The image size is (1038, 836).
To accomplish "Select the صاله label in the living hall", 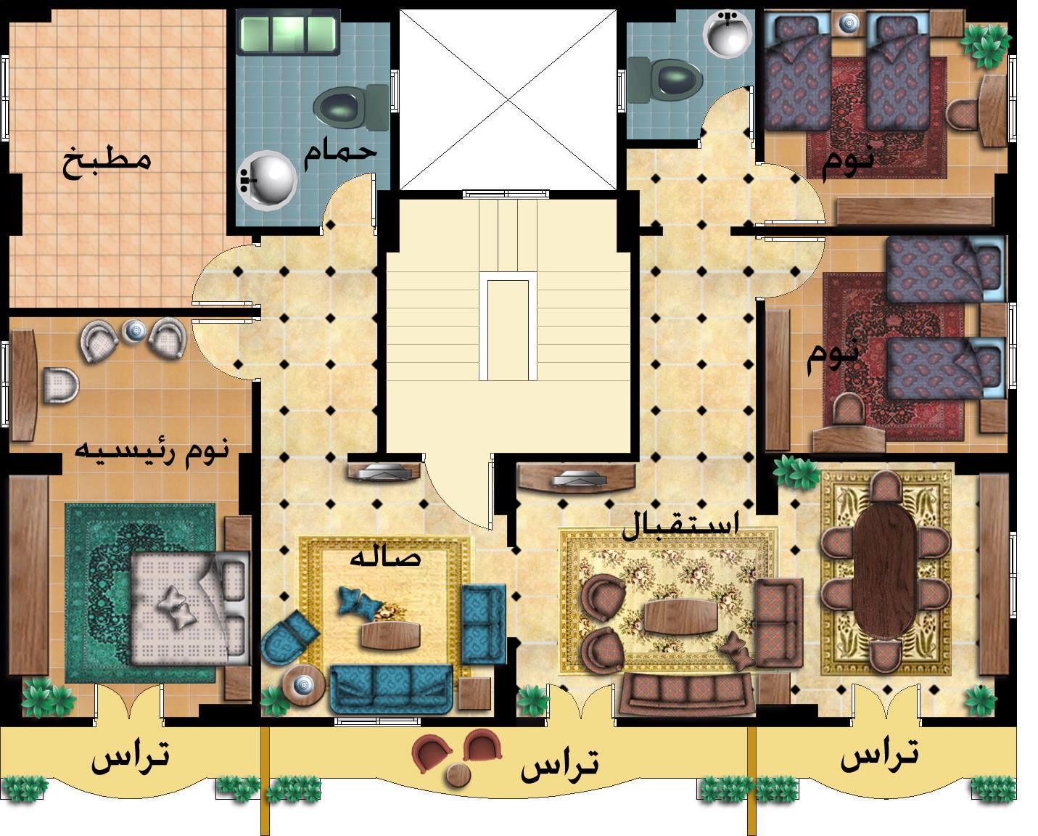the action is [385, 558].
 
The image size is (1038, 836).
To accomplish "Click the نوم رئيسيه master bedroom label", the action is [152, 453].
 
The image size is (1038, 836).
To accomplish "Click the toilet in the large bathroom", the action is [351, 107].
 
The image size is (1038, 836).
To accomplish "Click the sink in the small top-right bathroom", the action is [728, 33].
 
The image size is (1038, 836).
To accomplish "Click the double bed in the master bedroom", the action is [190, 607].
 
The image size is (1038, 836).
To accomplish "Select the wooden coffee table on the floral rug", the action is [680, 616].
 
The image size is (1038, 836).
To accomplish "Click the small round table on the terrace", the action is [458, 775].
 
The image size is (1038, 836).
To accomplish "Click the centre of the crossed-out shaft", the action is [508, 99].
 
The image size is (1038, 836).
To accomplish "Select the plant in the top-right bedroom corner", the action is [986, 46].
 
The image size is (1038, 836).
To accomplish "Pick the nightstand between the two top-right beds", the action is [849, 23].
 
